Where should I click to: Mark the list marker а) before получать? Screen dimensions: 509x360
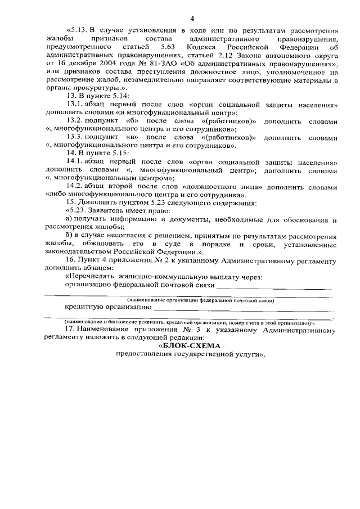point(69,218)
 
